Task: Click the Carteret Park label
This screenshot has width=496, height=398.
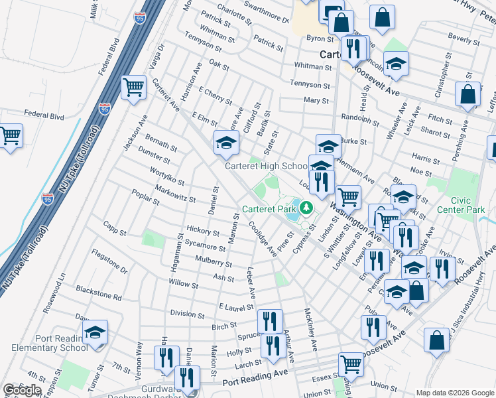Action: tap(269, 209)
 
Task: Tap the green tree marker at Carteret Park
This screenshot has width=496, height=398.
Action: tap(306, 209)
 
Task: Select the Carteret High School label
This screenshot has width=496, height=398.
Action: tap(266, 166)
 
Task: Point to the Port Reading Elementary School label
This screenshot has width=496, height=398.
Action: tap(44, 343)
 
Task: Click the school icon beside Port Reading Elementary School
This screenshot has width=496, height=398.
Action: tap(95, 332)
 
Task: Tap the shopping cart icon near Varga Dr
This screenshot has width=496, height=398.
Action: tap(134, 87)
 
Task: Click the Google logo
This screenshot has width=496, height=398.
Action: tap(22, 390)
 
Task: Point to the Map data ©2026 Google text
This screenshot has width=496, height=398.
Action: tap(455, 392)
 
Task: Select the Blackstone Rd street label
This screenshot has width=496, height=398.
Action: tap(99, 293)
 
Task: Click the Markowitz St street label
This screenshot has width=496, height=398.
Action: tap(175, 194)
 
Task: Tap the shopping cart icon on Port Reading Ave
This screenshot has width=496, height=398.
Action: tap(350, 364)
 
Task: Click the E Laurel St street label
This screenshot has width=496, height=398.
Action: tap(236, 307)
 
